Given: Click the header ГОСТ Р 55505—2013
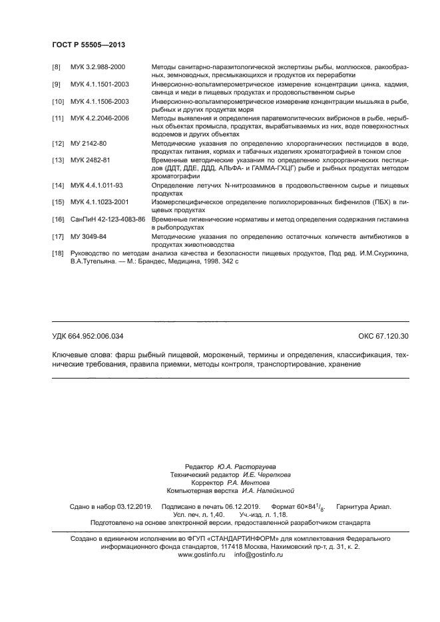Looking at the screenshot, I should tap(89, 45).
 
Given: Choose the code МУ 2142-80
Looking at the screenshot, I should tap(89, 143).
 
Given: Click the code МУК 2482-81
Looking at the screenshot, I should tap(91, 160).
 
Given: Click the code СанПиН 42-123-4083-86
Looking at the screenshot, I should tap(108, 218).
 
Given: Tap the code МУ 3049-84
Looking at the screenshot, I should tap(89, 236).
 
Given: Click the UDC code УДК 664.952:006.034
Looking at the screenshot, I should tap(88, 336).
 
